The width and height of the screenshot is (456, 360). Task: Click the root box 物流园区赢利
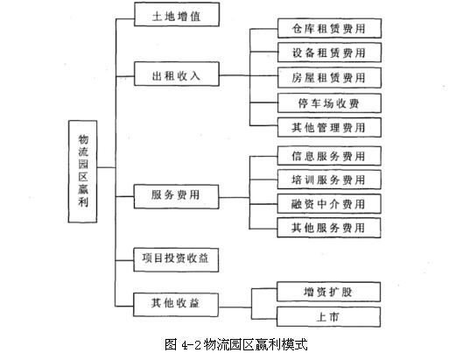(x=82, y=172)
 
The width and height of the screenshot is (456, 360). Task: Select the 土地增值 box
(x=177, y=14)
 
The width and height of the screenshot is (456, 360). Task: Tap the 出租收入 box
(x=177, y=74)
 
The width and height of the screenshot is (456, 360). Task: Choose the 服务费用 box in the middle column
(x=176, y=196)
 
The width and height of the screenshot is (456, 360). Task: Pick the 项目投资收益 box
(x=176, y=260)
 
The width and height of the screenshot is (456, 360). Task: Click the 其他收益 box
(x=176, y=305)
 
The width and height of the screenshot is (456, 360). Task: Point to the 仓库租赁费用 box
(x=329, y=28)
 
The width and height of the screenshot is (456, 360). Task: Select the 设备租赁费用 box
(x=329, y=53)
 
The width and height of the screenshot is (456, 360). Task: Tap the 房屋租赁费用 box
(x=329, y=78)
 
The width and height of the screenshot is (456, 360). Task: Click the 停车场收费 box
(x=329, y=103)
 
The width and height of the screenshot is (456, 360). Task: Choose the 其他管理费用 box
(x=329, y=127)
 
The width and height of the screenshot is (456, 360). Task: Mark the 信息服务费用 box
(x=329, y=156)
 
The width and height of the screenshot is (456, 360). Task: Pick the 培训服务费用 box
(x=329, y=180)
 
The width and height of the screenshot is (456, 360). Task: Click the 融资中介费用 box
(x=329, y=203)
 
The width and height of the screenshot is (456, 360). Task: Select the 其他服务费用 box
(x=329, y=228)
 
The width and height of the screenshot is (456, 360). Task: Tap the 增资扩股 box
(x=329, y=292)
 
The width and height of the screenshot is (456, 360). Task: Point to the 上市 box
(x=329, y=316)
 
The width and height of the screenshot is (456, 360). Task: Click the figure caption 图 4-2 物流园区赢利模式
(x=236, y=344)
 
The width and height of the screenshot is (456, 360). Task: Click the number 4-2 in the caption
(x=191, y=345)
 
